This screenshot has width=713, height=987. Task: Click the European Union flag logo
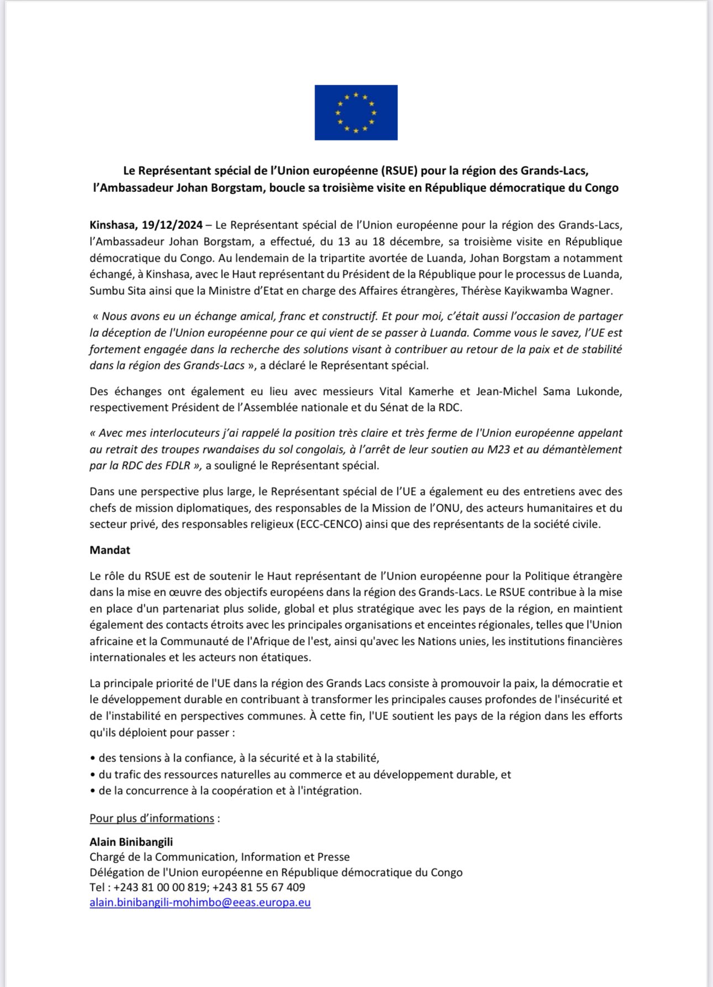356,112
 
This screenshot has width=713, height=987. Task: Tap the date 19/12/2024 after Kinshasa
172,225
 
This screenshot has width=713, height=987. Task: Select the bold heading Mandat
110,550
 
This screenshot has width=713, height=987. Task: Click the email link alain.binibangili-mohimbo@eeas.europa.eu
200,902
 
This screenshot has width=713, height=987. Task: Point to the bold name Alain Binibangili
131,842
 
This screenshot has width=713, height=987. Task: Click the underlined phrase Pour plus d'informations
152,818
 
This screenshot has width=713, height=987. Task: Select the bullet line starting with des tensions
239,758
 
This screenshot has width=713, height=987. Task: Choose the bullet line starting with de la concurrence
230,791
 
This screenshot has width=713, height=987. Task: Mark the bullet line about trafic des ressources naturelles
305,775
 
